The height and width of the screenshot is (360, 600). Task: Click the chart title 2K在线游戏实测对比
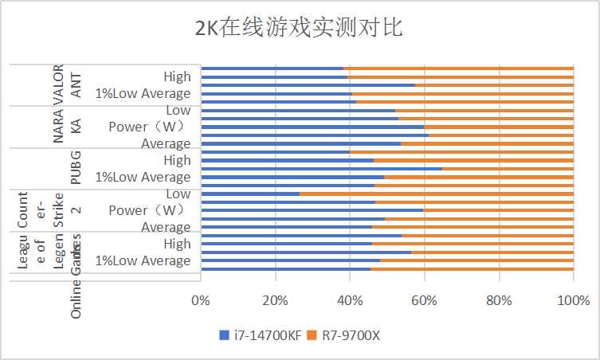(300, 29)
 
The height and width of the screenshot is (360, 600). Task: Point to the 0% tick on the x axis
(201, 300)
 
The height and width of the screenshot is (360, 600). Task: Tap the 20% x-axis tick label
(275, 300)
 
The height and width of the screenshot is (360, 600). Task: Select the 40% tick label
(350, 300)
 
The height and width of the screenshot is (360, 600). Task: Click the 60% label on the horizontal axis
(424, 300)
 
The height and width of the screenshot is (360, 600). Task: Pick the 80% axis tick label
(499, 300)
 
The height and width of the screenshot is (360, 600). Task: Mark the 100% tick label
(573, 300)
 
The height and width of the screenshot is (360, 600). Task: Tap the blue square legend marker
(224, 335)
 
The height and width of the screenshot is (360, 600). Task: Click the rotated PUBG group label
(76, 168)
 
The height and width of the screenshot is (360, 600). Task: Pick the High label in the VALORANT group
(177, 76)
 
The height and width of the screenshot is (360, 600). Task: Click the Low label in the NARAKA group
(178, 110)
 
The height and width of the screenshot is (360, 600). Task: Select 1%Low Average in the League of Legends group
(143, 260)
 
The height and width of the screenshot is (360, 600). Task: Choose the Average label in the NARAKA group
(166, 143)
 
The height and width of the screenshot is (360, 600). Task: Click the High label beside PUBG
(177, 160)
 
